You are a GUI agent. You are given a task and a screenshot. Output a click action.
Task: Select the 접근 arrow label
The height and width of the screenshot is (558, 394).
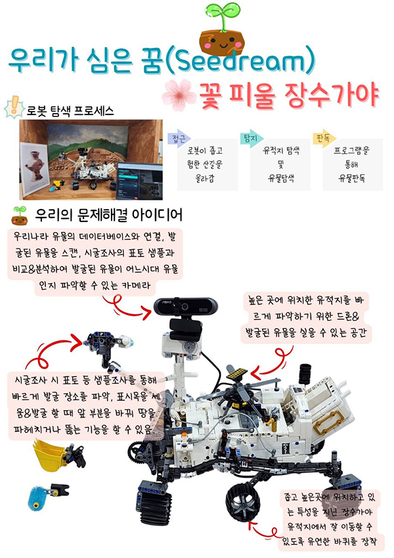(179, 139)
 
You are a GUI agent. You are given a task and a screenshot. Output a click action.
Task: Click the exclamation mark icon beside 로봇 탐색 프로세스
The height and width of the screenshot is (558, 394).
(14, 108)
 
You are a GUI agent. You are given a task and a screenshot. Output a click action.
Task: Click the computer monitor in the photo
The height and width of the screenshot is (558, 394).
(139, 181)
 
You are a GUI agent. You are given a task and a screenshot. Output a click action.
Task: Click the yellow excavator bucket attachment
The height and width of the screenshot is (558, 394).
(50, 455)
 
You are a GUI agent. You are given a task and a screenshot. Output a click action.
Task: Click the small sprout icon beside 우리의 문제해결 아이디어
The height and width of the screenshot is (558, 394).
(20, 216)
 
